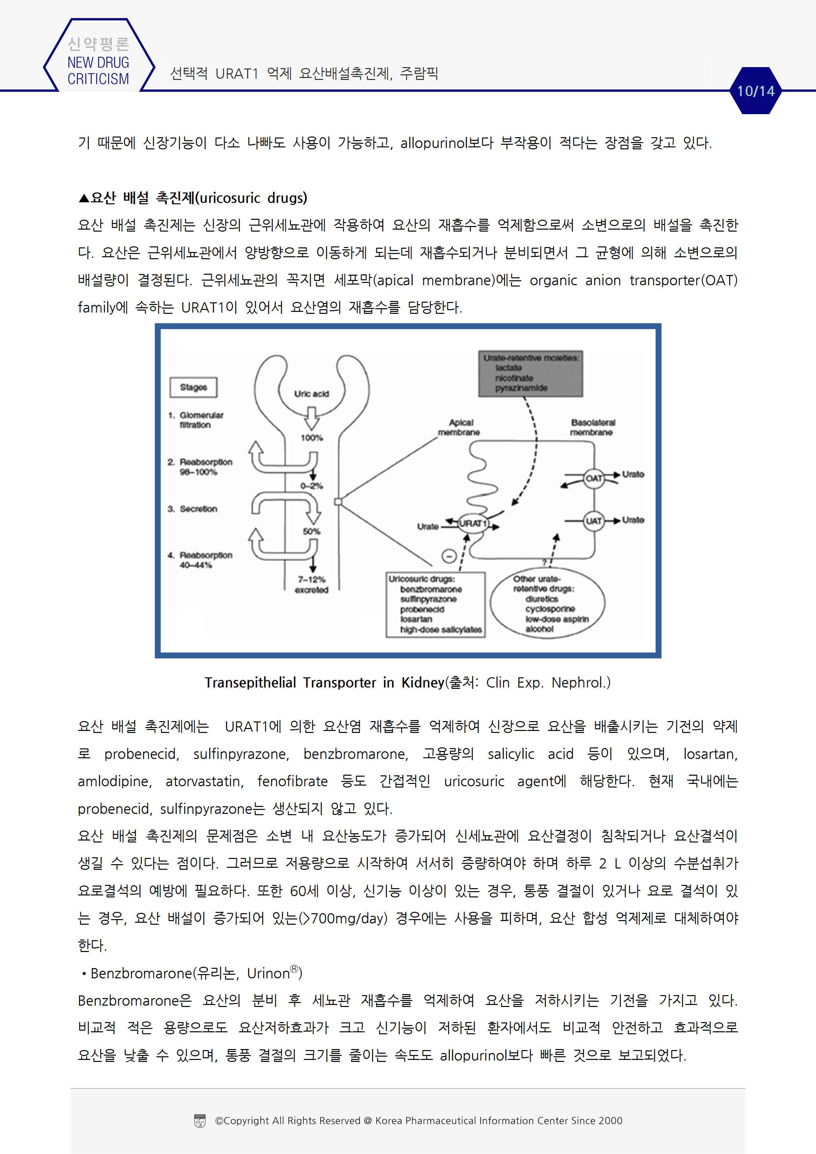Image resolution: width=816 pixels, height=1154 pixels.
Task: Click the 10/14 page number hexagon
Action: [756, 91]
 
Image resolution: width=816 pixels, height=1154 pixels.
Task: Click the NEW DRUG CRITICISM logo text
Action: [98, 70]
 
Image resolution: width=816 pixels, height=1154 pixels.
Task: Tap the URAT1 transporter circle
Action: [472, 523]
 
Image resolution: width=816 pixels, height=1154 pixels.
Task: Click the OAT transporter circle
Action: [594, 478]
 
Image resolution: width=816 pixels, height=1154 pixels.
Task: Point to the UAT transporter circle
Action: [594, 521]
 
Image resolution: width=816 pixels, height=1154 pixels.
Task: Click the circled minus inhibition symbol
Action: [449, 556]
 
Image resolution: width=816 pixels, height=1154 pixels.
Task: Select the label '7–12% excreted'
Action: [312, 585]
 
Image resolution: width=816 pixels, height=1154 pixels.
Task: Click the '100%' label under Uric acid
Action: [312, 438]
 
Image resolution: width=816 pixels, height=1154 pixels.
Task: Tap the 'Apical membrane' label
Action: [460, 427]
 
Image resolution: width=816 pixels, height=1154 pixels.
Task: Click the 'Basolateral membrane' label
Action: [592, 427]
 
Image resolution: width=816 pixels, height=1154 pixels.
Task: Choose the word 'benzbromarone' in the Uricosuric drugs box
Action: [431, 589]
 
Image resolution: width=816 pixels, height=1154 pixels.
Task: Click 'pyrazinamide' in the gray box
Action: [521, 388]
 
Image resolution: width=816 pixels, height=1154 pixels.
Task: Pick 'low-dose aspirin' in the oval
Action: [557, 619]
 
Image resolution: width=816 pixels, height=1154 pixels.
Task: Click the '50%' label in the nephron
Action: [312, 531]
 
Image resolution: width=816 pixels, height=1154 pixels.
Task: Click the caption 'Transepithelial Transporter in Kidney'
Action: [324, 683]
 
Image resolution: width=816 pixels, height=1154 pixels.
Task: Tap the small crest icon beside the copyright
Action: [200, 1121]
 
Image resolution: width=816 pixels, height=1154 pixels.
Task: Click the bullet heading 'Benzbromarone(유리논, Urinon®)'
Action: [196, 973]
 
